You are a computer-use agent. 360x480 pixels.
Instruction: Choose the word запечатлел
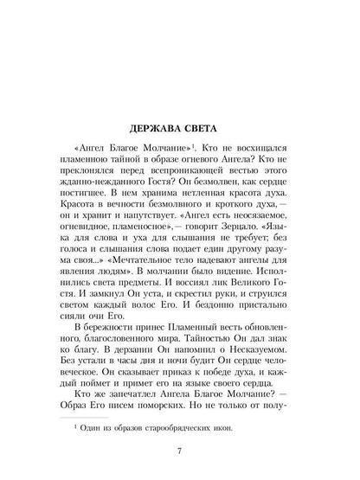coord(133,364)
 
